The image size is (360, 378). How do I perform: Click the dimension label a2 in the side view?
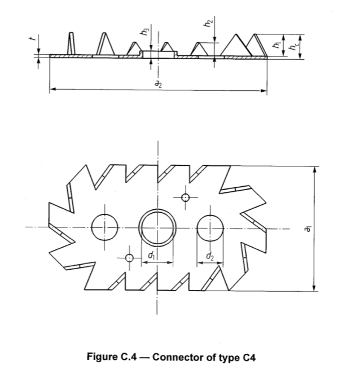[x=159, y=83]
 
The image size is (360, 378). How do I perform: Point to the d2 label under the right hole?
[x=210, y=258]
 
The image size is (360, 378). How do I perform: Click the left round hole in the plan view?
[x=104, y=227]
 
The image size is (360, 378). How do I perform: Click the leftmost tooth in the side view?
[x=71, y=45]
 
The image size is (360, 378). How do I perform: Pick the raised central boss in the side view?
[x=158, y=53]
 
